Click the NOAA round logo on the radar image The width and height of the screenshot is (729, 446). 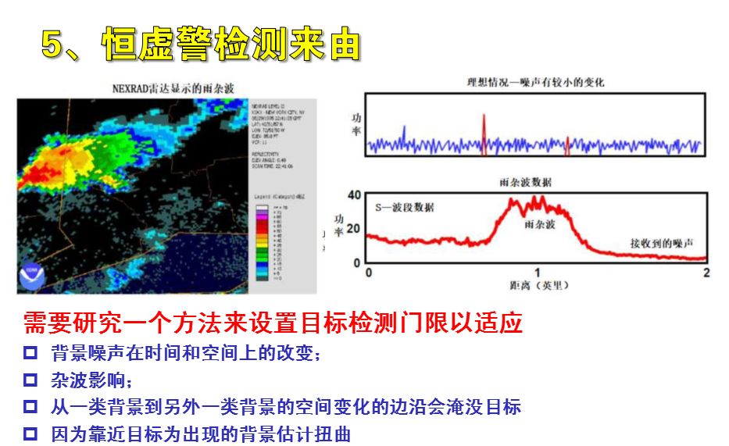(x=33, y=276)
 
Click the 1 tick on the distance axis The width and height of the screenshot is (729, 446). (x=537, y=273)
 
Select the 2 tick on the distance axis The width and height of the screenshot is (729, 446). (x=706, y=273)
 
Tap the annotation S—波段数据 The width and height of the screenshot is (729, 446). (x=405, y=207)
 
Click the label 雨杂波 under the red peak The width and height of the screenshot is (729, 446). (x=539, y=224)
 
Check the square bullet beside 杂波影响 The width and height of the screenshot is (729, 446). (x=30, y=380)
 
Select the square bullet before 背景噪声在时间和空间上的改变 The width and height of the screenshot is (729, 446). (x=30, y=353)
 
